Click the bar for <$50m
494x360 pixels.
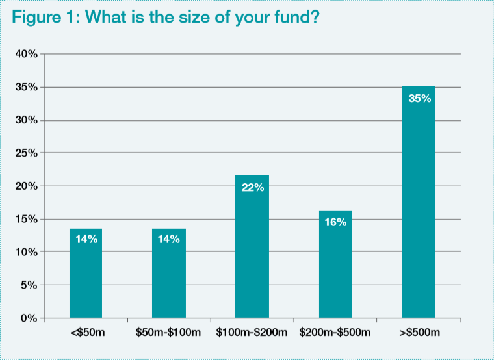coord(86,273)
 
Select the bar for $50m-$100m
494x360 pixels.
coord(169,273)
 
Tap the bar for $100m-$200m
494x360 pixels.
coord(252,247)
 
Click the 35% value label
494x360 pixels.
coord(419,99)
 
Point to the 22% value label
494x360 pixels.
coord(252,188)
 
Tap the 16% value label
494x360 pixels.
coord(335,222)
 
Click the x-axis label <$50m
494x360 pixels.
coord(86,333)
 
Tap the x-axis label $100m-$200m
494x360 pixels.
coord(252,333)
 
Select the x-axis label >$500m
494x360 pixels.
coord(419,333)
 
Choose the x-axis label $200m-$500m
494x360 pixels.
coord(335,333)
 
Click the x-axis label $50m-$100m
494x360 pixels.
coord(169,333)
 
